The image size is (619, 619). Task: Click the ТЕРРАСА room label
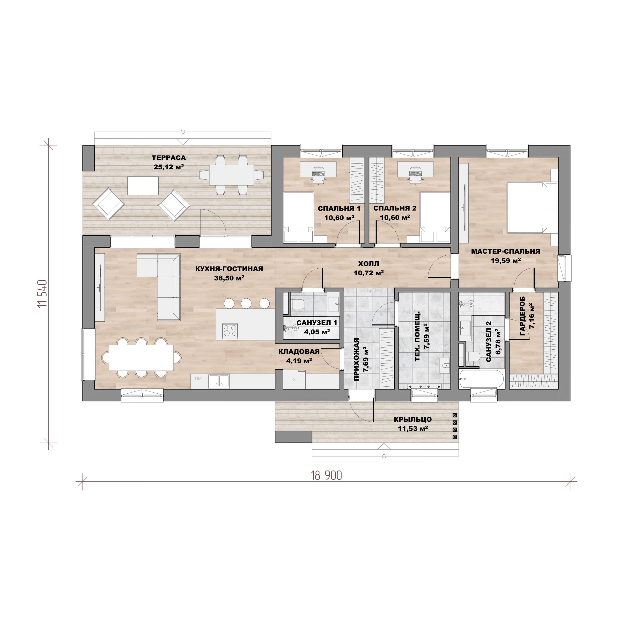(x=169, y=158)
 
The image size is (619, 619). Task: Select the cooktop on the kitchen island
(x=230, y=331)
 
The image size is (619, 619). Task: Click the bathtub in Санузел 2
(x=481, y=379)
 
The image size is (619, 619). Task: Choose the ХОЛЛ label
(x=368, y=264)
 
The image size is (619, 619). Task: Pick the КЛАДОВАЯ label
(x=299, y=352)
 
